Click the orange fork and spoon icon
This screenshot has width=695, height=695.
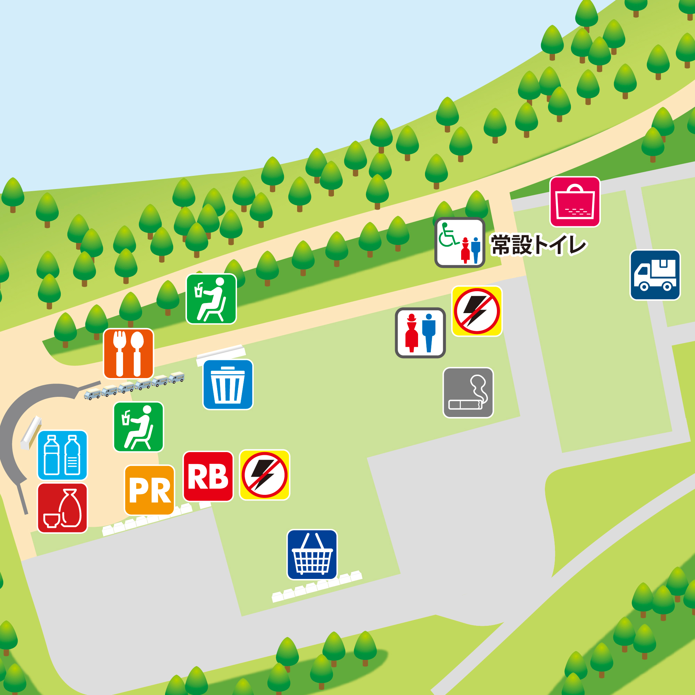click(129, 353)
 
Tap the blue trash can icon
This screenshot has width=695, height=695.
click(228, 384)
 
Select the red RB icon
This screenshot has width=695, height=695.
click(208, 476)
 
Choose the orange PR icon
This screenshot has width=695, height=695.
click(149, 490)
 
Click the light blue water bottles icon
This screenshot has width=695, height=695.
click(62, 455)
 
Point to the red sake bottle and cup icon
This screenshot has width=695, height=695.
click(62, 508)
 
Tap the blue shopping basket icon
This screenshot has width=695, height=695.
click(312, 554)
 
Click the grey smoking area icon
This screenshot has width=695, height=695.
click(468, 392)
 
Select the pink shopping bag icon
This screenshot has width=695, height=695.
click(575, 202)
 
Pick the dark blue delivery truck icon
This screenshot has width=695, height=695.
click(655, 275)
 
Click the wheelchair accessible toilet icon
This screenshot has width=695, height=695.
click(460, 243)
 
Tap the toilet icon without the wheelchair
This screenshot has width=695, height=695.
click(420, 333)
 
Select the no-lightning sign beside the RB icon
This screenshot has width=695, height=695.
click(264, 474)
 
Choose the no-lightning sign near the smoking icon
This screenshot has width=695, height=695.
click(477, 311)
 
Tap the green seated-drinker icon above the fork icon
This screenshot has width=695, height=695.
click(211, 299)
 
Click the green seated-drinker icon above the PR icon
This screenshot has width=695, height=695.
click(139, 427)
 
